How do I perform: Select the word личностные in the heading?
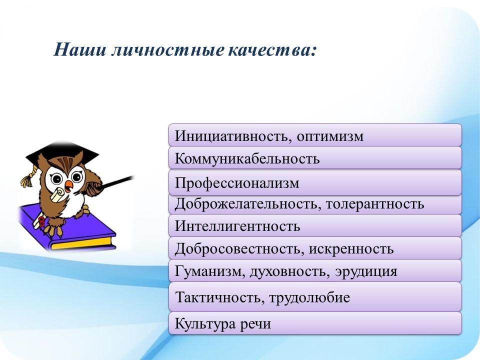(167, 49)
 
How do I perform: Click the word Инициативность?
(231, 136)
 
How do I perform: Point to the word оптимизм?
(330, 136)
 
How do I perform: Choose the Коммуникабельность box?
(315, 158)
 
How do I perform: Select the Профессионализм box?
(315, 182)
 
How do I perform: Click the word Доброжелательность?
(248, 204)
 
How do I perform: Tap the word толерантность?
(375, 204)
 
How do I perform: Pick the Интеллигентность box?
(315, 225)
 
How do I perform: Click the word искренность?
(351, 249)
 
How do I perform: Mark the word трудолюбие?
(309, 297)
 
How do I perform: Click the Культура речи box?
(315, 323)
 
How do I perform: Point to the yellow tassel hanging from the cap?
(28, 177)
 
